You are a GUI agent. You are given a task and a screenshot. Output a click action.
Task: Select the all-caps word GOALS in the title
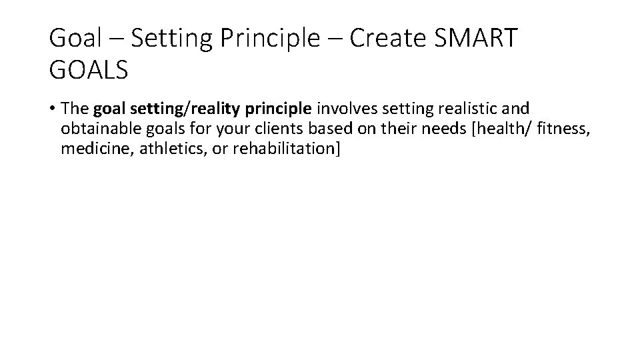88,70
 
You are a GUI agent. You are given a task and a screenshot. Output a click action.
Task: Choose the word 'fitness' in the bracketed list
567,129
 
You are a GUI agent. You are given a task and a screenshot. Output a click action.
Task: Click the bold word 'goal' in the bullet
108,109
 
